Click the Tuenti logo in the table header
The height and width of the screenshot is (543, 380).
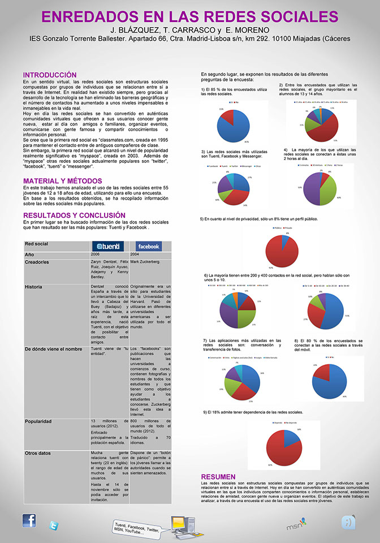tap(108, 246)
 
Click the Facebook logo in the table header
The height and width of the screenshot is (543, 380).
tap(149, 246)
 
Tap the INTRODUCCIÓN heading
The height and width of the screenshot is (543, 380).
tap(50, 75)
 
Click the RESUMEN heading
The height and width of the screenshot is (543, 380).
tap(218, 477)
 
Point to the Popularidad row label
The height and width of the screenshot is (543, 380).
tap(40, 421)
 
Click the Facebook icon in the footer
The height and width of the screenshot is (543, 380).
tap(29, 520)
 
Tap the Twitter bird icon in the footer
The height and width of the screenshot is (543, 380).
tap(54, 525)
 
